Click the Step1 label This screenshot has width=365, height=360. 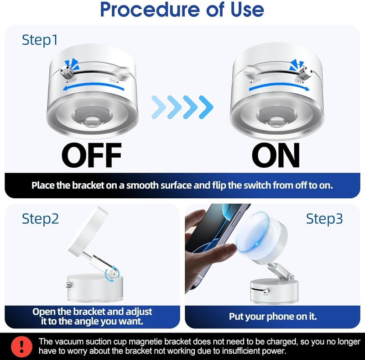click(x=40, y=40)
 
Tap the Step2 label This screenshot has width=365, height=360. click(x=40, y=219)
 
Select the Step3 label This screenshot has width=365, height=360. click(x=324, y=219)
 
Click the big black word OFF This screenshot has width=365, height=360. click(x=92, y=155)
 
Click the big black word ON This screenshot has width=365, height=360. click(x=276, y=155)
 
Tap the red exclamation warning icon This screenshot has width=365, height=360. click(x=21, y=347)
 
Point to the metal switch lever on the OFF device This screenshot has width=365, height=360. click(x=67, y=73)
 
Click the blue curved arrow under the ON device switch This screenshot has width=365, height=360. click(x=279, y=86)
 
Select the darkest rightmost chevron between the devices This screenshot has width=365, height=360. click(x=206, y=107)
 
